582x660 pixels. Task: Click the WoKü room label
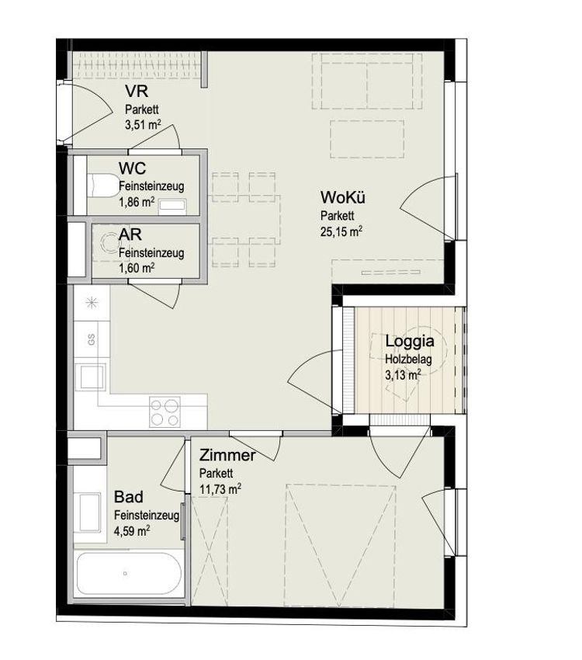342,197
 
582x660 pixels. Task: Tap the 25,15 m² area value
341,231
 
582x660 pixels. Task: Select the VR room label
137,91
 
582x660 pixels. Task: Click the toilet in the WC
103,186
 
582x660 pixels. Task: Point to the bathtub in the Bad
129,574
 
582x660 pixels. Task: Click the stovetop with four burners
165,412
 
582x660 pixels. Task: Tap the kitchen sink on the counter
92,377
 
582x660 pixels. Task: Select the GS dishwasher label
92,339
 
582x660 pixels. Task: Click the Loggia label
410,342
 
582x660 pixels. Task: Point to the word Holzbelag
408,360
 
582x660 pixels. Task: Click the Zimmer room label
227,455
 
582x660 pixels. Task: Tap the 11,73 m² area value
220,489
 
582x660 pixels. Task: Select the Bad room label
129,497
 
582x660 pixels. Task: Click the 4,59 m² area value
132,531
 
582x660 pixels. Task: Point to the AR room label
130,234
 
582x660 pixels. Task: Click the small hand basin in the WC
172,205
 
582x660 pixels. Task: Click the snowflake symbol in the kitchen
92,303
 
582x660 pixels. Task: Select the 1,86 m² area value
137,203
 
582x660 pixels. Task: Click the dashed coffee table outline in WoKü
367,139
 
